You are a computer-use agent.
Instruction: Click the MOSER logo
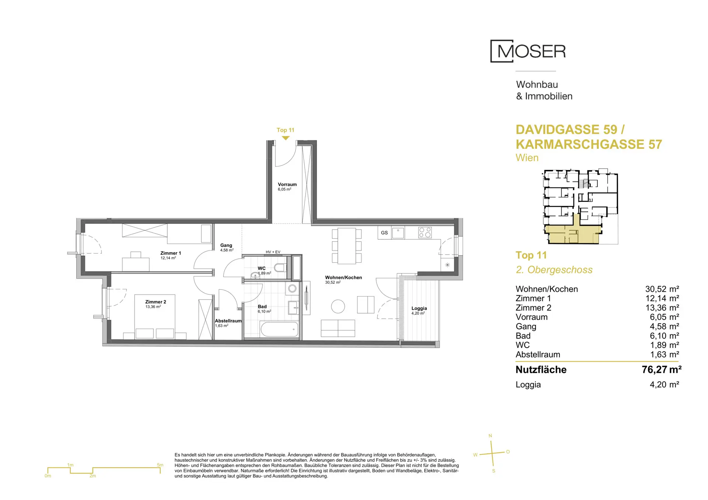pos(528,51)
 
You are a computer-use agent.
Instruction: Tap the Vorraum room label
pos(287,185)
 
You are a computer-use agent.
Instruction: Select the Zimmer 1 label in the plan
pos(171,253)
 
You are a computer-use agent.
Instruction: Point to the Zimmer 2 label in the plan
pos(156,302)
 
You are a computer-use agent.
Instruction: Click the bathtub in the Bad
pos(279,329)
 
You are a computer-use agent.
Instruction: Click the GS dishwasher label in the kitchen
pos(384,233)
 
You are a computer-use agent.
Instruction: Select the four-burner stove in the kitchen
pos(425,232)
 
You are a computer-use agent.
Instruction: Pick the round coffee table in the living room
pos(338,306)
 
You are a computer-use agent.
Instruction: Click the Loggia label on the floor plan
pos(419,308)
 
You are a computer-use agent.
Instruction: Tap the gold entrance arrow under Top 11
pos(285,138)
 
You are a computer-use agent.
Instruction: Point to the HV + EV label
pos(273,252)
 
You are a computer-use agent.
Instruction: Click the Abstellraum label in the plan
pos(228,321)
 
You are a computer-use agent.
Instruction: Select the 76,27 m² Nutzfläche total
pos(661,370)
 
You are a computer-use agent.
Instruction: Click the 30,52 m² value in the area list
pos(662,289)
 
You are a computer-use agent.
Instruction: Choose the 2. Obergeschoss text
pos(554,270)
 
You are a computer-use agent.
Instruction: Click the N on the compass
pos(490,436)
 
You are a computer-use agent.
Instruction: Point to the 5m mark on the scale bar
pos(160,465)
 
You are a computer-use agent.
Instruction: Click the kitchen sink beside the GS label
pos(398,233)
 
